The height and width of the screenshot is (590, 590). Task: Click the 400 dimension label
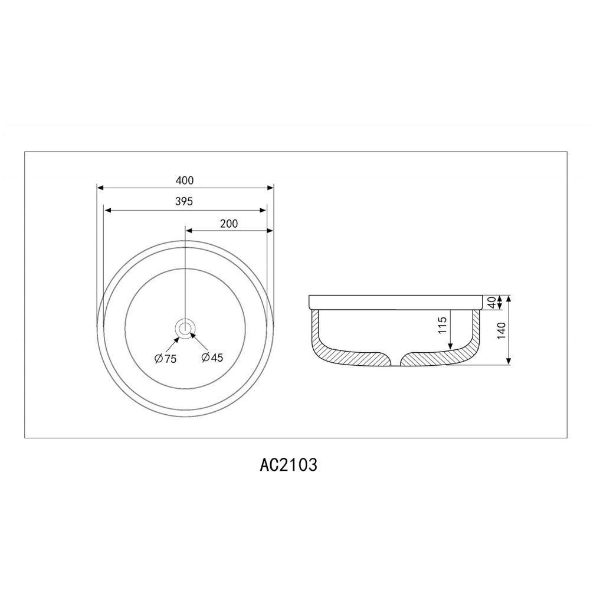tap(185, 181)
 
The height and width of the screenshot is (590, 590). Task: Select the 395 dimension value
tap(184, 202)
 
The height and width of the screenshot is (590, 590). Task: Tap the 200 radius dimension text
tap(229, 224)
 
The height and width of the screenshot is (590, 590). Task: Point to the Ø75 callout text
tap(166, 359)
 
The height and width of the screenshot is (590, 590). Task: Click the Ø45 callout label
tap(212, 358)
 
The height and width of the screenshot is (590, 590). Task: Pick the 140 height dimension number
tap(501, 331)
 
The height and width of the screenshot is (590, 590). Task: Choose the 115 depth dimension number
tap(442, 325)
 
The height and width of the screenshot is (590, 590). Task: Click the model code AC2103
tap(289, 465)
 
